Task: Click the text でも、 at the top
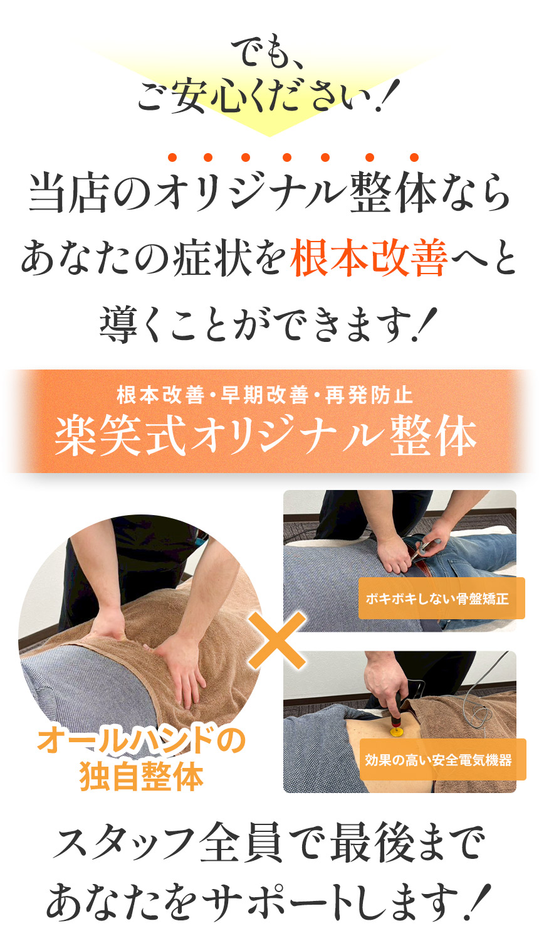coord(268,53)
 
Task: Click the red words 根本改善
coord(369,259)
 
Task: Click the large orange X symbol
coord(276,640)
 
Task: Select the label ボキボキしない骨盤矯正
coord(437,599)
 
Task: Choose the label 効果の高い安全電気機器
coord(439,760)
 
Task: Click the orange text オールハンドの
coord(141,741)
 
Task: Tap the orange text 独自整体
coord(142,777)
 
